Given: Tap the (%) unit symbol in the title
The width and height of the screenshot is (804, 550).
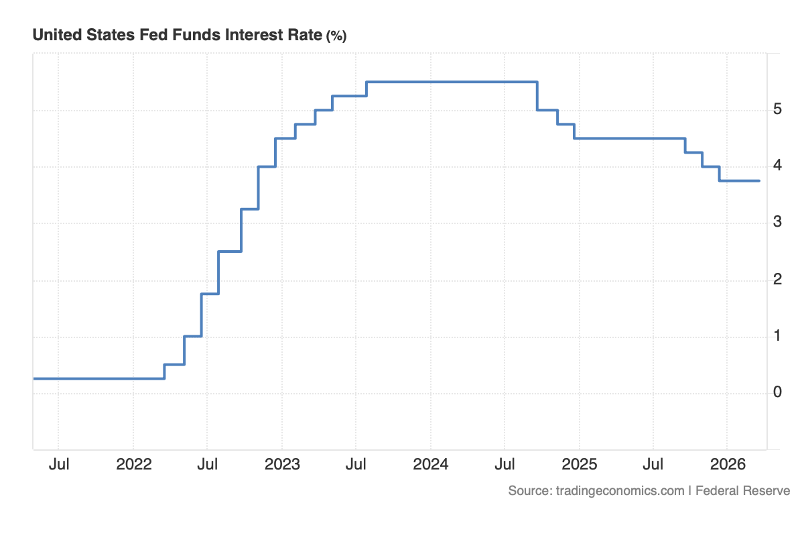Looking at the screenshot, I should (x=336, y=36).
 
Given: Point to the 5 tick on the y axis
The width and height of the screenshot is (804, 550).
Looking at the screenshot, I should (x=777, y=109).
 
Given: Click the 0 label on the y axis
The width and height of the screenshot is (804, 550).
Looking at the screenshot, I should (x=777, y=392).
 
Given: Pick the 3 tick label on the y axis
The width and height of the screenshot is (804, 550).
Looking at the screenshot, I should (x=777, y=222).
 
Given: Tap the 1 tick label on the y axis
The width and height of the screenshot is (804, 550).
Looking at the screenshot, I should (x=777, y=335).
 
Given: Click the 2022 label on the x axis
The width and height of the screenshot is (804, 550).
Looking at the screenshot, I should (x=134, y=464).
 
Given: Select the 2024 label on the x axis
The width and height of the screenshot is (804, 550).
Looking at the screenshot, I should (x=431, y=464).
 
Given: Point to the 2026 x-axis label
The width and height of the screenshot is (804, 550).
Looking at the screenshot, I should (x=728, y=464).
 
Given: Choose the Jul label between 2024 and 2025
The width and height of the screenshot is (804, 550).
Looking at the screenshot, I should (x=505, y=464).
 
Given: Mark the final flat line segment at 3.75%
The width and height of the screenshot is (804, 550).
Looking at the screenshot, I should (x=740, y=180).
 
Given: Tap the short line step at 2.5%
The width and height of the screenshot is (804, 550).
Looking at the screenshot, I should (x=230, y=252).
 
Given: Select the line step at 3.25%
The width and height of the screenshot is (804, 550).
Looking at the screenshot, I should (x=249, y=209).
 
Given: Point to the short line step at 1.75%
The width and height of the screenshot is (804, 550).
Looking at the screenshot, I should (x=210, y=294).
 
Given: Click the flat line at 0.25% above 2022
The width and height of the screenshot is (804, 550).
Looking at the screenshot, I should (x=134, y=378).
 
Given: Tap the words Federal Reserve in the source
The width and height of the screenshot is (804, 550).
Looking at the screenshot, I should (x=743, y=491).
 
